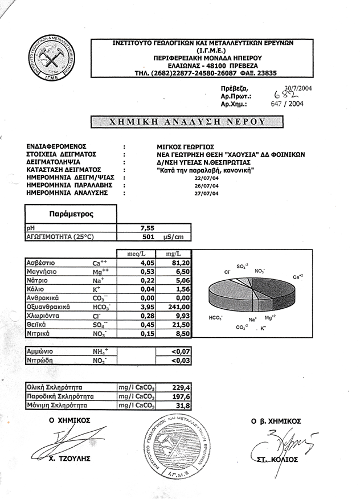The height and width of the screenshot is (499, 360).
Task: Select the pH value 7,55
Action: [148, 227]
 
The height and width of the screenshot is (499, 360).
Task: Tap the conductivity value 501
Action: [149, 236]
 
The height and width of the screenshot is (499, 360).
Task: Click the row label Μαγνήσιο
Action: [40, 272]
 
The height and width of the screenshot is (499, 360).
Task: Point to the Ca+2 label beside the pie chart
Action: [297, 277]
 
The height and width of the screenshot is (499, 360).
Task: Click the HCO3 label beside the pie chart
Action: [215, 317]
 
